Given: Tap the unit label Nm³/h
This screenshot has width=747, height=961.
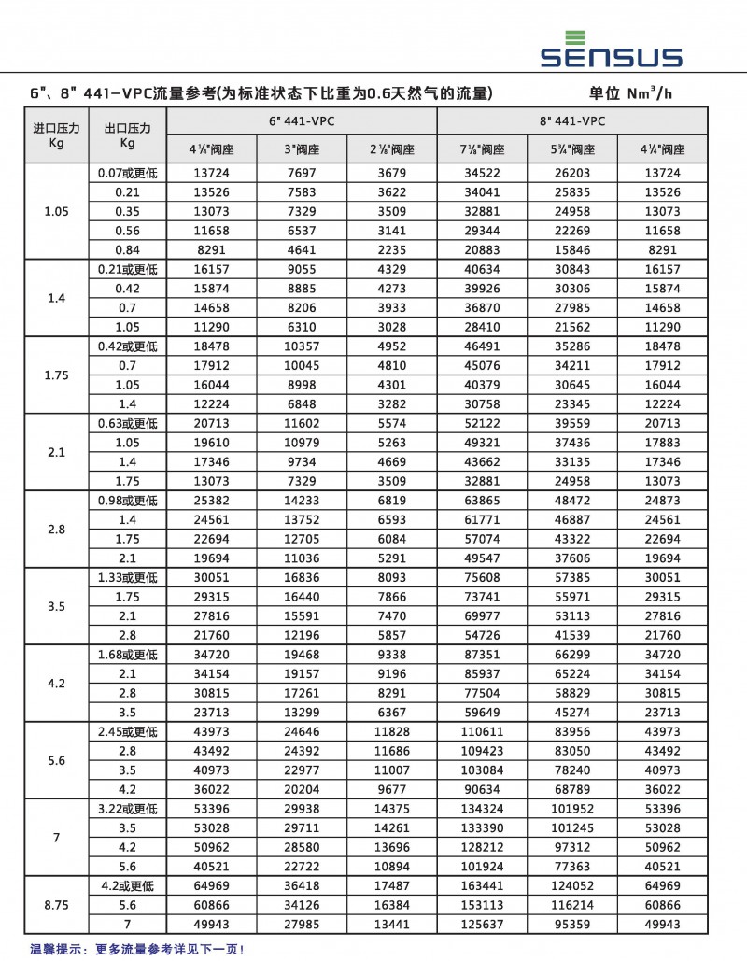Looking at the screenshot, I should coord(630,93).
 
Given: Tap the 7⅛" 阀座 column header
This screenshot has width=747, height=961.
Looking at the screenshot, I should coord(482,149).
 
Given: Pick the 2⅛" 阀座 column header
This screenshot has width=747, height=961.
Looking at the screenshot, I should coord(391,149).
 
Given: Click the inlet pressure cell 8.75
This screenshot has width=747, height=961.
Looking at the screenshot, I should coord(56,905).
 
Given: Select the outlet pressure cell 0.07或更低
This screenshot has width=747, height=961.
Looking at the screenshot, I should coord(128,173).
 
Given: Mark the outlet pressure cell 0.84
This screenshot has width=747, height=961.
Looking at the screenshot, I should coord(128,249).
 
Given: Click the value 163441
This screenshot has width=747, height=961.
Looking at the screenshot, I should coord(482,885).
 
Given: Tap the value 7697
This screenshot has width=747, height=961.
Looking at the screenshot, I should coord(301,173).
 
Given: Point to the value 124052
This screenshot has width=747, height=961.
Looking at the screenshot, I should coord(572,885).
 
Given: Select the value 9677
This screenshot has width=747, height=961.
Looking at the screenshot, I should coord(391,789).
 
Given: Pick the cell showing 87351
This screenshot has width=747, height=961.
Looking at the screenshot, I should coord(482,655).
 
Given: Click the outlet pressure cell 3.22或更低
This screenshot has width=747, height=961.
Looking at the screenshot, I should coord(128,808).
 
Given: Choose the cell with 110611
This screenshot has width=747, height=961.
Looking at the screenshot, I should coord(482,731).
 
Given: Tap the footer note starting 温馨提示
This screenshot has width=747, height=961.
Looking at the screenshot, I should coord(137,949).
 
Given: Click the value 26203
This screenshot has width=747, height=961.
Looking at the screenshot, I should coord(572,173).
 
